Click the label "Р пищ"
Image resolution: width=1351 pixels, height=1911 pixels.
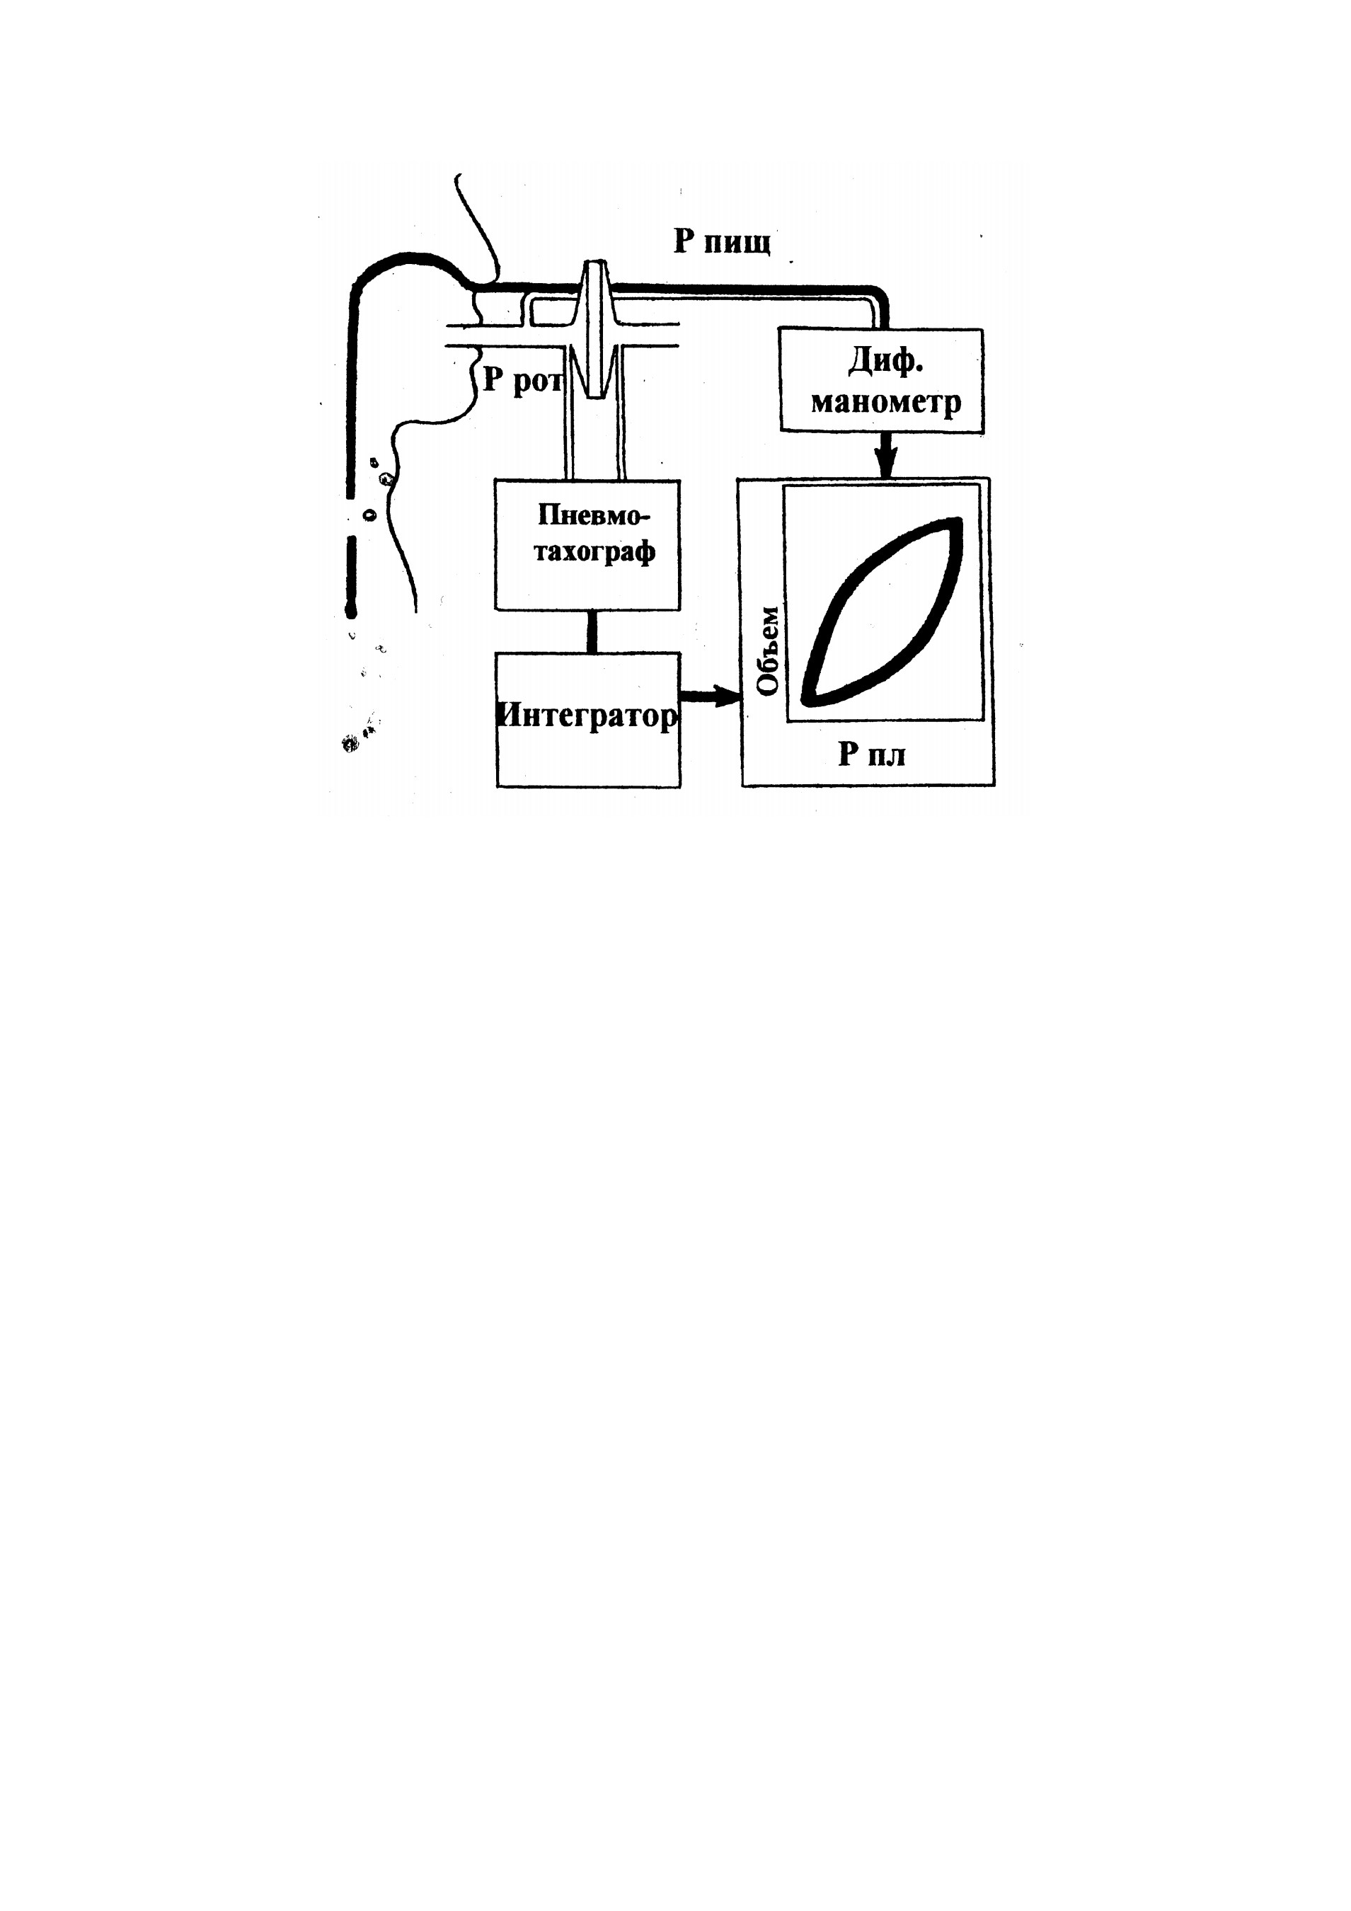pos(722,242)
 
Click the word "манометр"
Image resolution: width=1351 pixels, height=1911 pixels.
pos(885,402)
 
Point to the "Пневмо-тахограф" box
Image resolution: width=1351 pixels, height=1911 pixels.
pos(587,545)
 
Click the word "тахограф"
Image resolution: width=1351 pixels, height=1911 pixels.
pos(594,553)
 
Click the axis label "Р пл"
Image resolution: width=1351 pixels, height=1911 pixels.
pos(871,754)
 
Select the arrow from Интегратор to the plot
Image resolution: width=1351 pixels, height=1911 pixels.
pos(711,697)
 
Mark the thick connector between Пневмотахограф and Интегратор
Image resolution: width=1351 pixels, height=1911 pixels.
pos(592,632)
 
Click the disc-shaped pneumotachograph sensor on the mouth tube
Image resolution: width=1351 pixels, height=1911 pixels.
pos(596,330)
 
